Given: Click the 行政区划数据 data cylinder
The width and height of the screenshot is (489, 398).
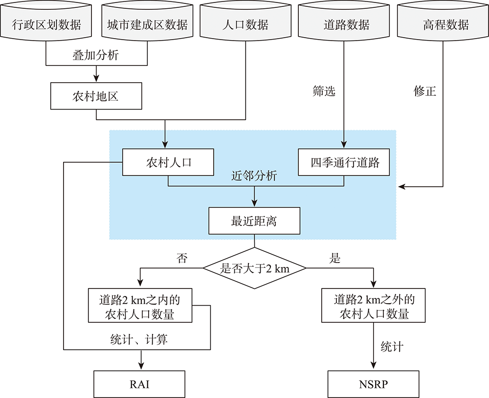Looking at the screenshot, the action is click(x=46, y=22).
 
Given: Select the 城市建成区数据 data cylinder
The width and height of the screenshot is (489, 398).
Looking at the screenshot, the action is click(x=147, y=22).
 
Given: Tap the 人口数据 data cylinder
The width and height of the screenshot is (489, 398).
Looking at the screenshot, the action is click(x=245, y=22).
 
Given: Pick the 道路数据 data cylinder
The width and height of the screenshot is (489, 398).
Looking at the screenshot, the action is click(x=344, y=22).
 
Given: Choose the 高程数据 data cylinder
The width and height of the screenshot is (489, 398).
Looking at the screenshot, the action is click(x=443, y=22).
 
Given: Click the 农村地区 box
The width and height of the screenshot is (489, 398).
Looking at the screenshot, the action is click(x=96, y=96).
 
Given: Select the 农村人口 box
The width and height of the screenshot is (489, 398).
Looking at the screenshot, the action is click(x=168, y=162).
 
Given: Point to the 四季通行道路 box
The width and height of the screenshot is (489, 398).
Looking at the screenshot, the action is click(x=344, y=162).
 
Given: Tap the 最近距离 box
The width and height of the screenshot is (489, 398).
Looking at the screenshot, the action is click(x=254, y=221).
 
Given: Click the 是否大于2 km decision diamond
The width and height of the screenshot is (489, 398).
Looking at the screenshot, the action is click(x=254, y=268).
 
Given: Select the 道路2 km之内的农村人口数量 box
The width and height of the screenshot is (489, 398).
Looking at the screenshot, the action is click(x=140, y=306).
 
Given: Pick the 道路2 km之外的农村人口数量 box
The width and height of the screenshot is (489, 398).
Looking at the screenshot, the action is click(x=373, y=306).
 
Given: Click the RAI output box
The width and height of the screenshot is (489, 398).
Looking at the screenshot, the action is click(x=139, y=384).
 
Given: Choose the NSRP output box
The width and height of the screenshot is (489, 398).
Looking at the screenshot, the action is click(x=373, y=384).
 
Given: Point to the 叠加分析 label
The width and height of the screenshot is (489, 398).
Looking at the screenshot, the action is click(x=96, y=55).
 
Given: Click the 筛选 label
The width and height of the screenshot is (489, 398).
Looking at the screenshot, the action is click(x=324, y=91).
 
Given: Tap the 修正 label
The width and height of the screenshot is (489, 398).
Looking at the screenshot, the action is click(x=425, y=91).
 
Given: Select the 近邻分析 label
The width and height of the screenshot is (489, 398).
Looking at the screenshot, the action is click(x=254, y=176).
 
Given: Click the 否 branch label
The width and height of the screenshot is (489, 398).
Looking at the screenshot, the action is click(x=182, y=258).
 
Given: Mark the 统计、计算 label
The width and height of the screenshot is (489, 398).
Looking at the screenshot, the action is click(x=139, y=339).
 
